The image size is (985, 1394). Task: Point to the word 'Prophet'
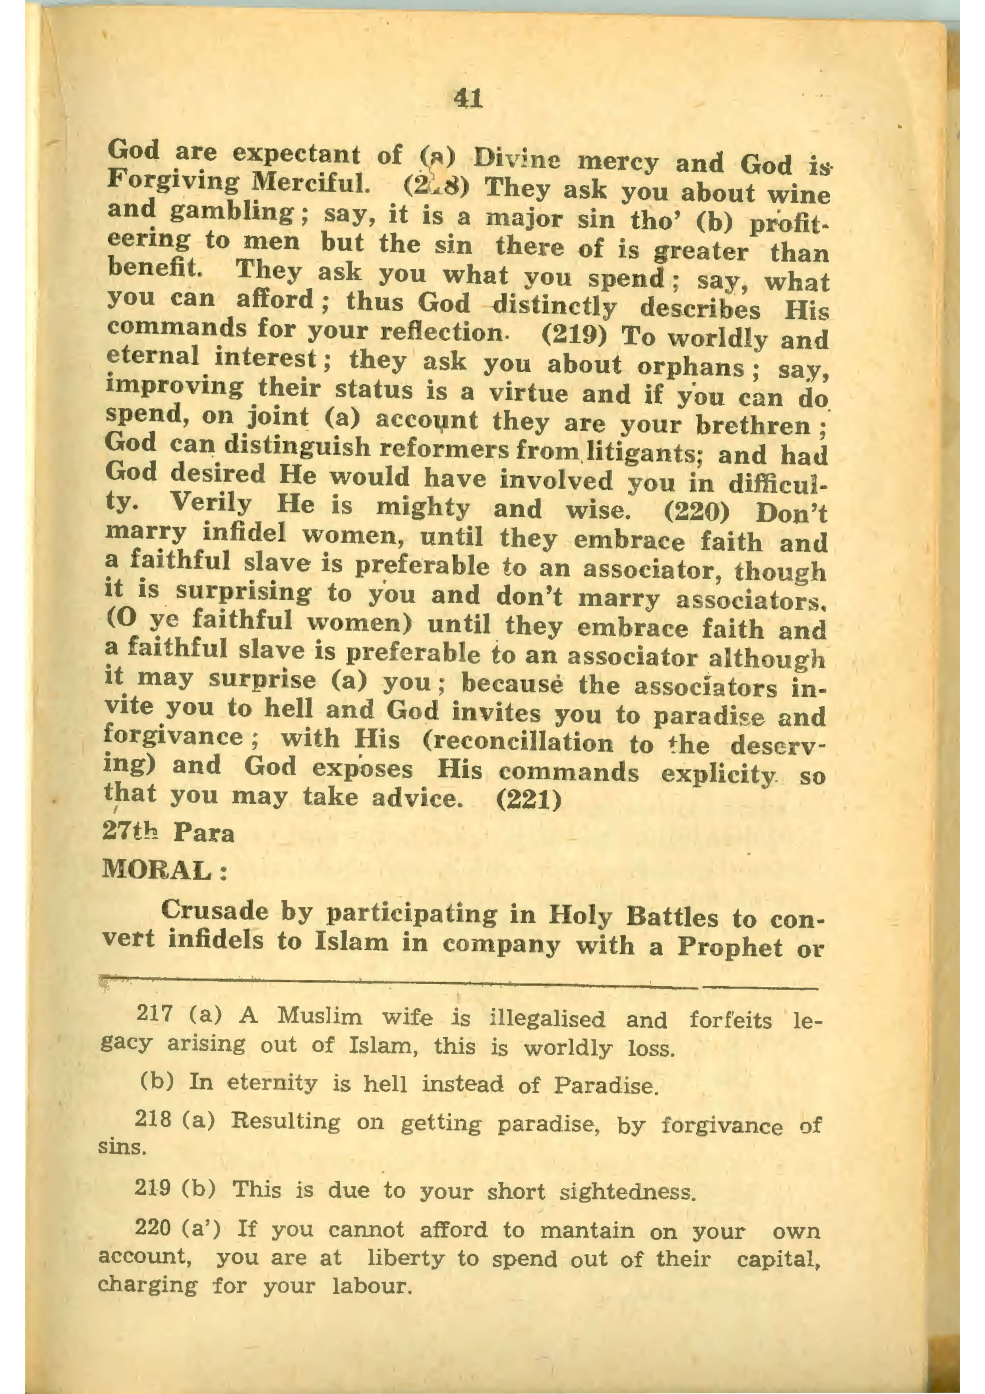pyautogui.click(x=730, y=947)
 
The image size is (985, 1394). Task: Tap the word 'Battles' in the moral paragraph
pyautogui.click(x=672, y=916)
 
